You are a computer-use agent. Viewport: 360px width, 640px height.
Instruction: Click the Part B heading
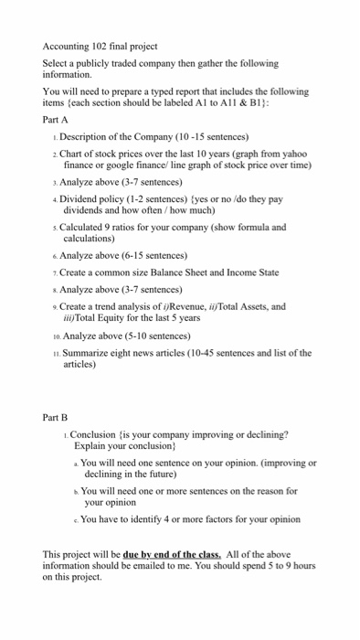[x=56, y=417]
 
